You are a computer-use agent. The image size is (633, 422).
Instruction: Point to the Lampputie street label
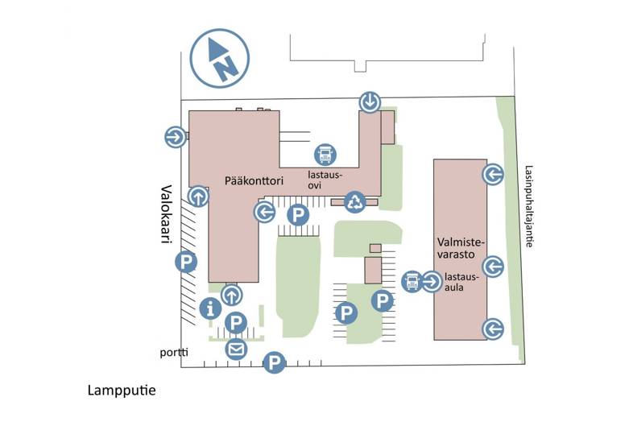tap(121, 391)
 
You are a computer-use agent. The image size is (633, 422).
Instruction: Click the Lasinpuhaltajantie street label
tap(528, 207)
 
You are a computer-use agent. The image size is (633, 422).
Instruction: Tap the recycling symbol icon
tap(355, 201)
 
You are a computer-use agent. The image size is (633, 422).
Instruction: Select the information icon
tap(211, 307)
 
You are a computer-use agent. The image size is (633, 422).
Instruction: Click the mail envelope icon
tap(235, 349)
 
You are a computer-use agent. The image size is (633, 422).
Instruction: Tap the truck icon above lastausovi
tap(325, 153)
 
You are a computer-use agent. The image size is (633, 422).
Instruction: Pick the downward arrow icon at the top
tap(370, 101)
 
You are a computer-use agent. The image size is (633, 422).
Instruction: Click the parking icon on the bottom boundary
tap(275, 363)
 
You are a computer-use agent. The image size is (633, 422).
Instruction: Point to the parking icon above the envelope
tap(235, 323)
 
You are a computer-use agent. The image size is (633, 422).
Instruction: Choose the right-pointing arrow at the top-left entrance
tap(173, 137)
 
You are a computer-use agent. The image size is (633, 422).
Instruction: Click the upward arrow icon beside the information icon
tap(232, 295)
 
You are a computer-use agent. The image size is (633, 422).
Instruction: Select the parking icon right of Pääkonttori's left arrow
tap(298, 215)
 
